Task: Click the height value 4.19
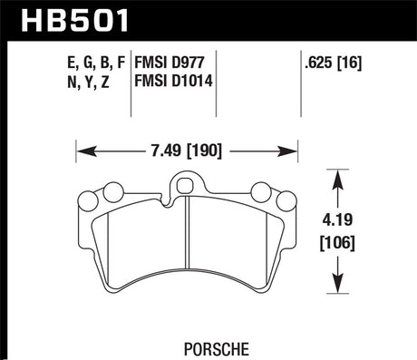pos(337,219)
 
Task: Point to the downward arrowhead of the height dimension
pos(337,284)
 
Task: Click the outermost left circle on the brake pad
pos(90,201)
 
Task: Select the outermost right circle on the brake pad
pos(286,201)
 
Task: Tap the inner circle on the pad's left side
pos(113,191)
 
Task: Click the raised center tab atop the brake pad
pos(188,185)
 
